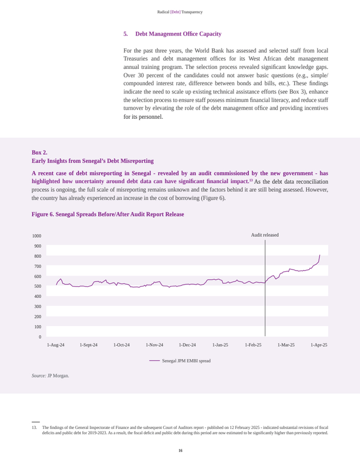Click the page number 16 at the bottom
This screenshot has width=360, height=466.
pos(180,451)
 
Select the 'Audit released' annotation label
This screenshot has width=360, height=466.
pos(265,235)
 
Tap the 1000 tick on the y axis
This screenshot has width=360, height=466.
pos(37,236)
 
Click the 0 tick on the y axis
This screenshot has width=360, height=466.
pos(39,337)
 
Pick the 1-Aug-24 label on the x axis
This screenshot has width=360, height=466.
pos(56,345)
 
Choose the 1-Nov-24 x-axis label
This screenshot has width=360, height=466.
pos(154,345)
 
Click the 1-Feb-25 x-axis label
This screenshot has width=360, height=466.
pos(253,345)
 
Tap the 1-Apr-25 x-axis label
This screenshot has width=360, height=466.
pos(319,345)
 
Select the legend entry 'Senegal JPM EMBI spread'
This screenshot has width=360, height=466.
pos(186,361)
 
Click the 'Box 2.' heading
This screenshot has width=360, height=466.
pos(40,152)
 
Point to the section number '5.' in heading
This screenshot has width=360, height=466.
pos(125,34)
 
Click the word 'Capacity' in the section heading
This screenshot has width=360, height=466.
pos(210,34)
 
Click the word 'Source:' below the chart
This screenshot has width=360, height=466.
pos(39,376)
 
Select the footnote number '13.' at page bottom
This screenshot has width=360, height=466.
pos(34,427)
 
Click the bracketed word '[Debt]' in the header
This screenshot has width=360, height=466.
pos(175,12)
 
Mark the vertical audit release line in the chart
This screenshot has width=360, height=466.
pos(265,309)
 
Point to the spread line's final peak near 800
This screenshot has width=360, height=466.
pos(319,256)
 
